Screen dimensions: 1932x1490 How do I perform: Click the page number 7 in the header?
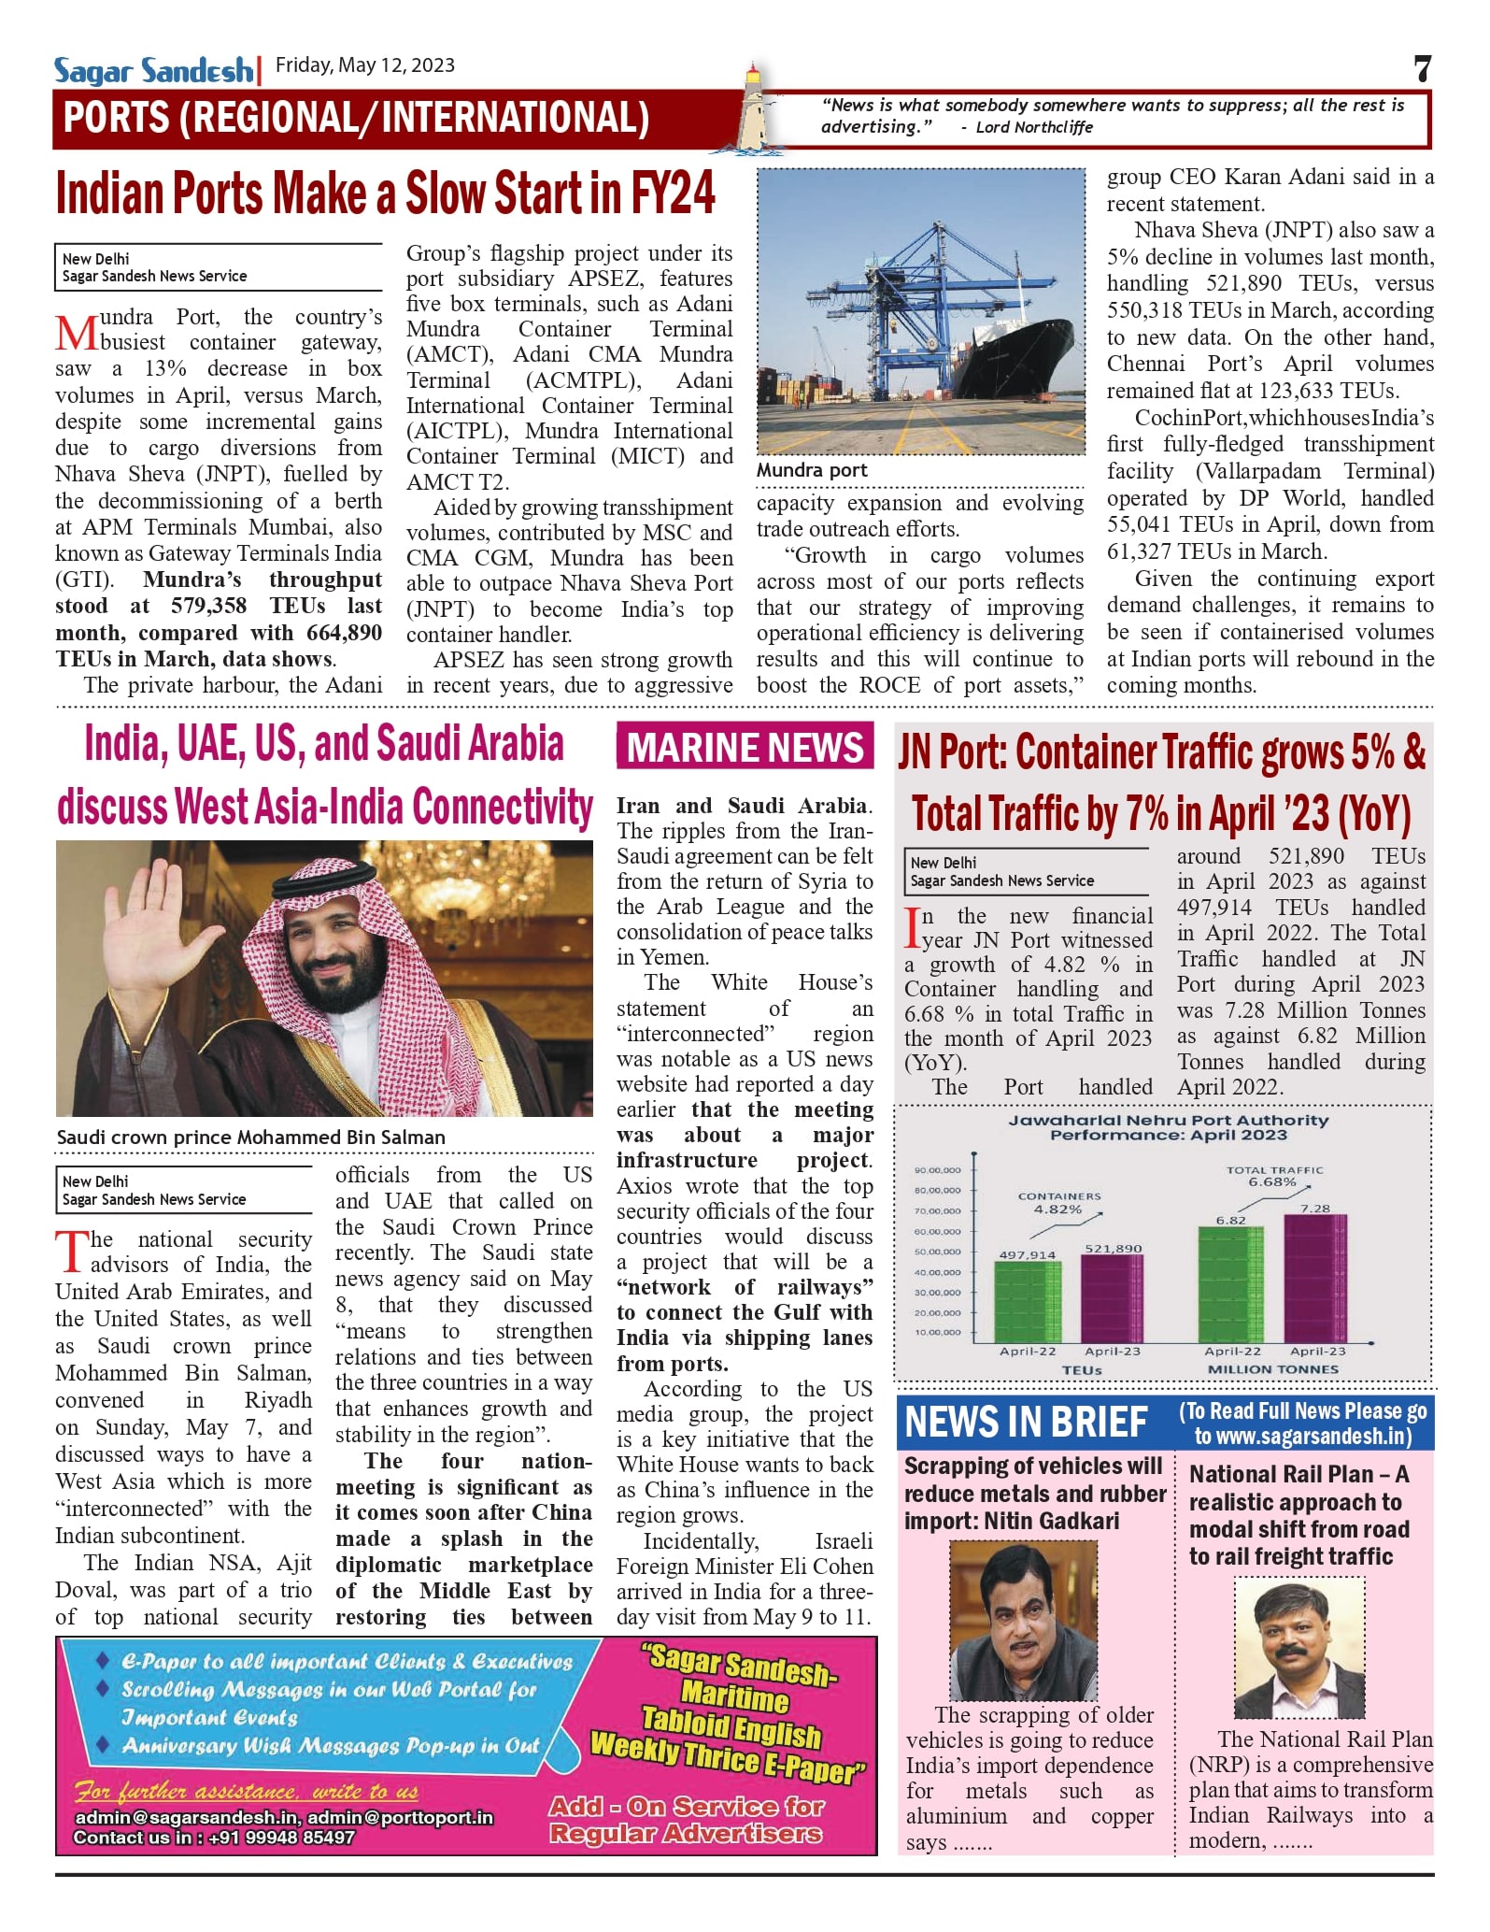1422,69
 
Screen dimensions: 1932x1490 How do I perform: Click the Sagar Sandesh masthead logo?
153,70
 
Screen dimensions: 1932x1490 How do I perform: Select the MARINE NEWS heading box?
745,747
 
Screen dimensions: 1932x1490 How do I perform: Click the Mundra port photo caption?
812,470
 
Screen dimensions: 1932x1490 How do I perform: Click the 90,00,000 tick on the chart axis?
937,1169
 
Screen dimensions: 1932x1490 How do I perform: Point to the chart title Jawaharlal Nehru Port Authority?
1168,1120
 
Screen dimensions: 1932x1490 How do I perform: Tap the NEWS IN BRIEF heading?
1026,1423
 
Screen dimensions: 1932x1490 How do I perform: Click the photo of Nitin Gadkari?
1023,1621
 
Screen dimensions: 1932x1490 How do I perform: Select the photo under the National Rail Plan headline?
1299,1647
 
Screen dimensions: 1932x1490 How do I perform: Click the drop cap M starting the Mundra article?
76,334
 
